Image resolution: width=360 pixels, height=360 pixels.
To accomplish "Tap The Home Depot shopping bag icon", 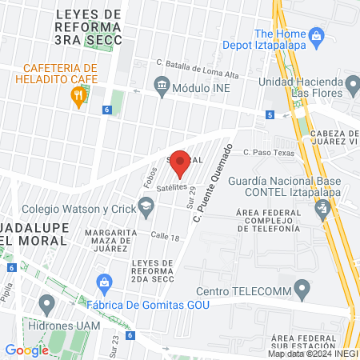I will click(x=317, y=35).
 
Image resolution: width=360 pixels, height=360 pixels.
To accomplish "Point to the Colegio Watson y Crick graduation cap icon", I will click(x=146, y=210).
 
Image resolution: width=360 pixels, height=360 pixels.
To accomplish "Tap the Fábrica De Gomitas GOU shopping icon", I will click(x=104, y=282).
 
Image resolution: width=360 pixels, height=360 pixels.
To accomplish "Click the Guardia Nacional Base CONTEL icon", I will click(x=322, y=210).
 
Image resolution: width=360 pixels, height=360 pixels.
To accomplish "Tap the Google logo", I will click(x=27, y=350).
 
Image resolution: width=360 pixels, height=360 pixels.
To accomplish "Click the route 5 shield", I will click(x=270, y=115).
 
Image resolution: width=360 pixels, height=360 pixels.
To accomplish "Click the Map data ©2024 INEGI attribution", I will click(x=312, y=354).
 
